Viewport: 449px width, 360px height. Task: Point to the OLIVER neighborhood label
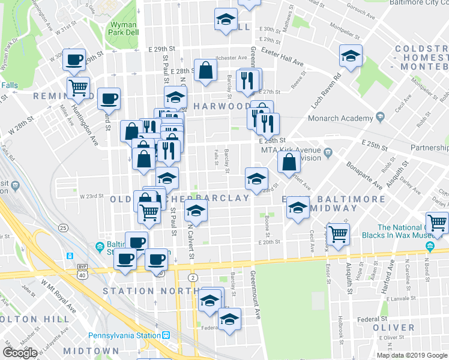(x=394, y=328)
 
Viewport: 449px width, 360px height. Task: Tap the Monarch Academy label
(x=340, y=118)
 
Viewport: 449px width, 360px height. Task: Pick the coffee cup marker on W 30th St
(x=74, y=59)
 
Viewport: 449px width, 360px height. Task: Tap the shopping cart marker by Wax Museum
(x=437, y=222)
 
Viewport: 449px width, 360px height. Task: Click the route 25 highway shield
(x=62, y=227)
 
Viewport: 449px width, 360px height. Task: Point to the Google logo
(x=19, y=353)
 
